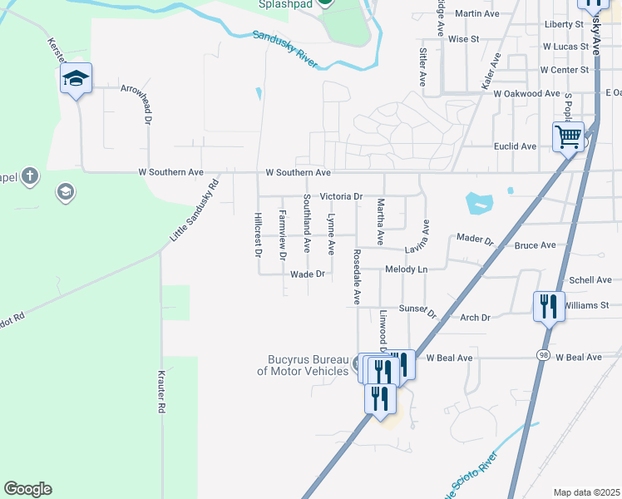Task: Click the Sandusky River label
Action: tap(285, 49)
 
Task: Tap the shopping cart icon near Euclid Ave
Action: tap(569, 136)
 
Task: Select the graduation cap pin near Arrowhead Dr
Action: tap(76, 80)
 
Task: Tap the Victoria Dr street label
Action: tap(343, 196)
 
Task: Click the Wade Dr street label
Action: tap(307, 274)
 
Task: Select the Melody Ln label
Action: tap(407, 269)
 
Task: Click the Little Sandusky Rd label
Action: tap(194, 210)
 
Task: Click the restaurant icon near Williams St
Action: tap(549, 306)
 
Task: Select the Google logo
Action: tap(27, 489)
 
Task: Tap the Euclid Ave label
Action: tap(516, 146)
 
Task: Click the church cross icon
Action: tap(29, 175)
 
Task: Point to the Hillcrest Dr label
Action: tap(256, 233)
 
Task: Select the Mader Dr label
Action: tap(476, 239)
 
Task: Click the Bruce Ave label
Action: tap(535, 245)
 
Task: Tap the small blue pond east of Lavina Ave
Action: tap(478, 203)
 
